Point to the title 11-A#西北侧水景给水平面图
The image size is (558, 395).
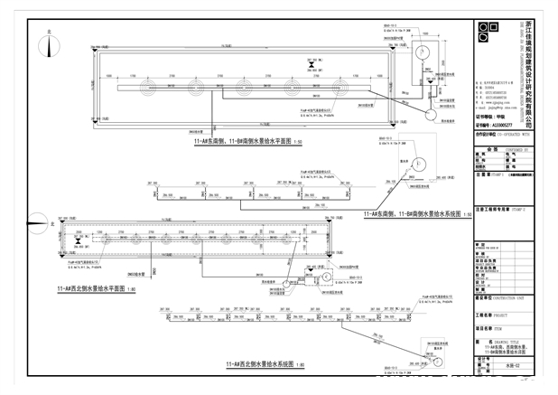pyautogui.click(x=91, y=287)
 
